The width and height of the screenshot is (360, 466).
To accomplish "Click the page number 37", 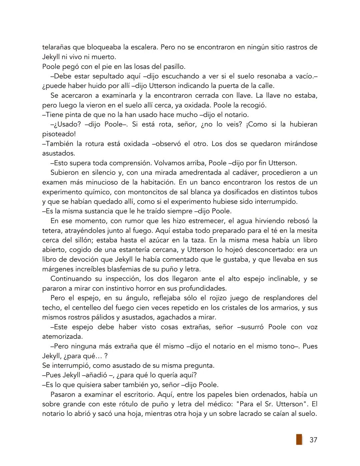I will [313, 440].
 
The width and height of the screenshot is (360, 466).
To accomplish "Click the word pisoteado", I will [58, 134].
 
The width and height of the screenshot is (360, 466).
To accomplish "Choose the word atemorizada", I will [62, 337].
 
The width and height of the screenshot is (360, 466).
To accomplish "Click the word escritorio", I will [133, 394].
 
